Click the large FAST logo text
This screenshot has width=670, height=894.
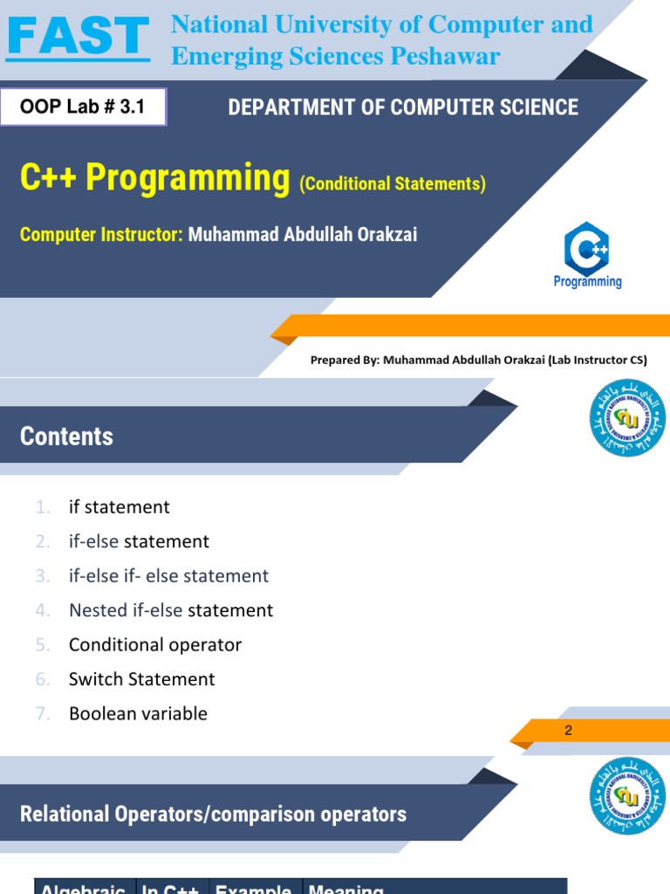tap(78, 37)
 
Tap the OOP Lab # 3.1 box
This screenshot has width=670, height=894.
tap(83, 108)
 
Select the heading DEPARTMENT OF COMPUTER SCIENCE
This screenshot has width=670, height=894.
tap(402, 107)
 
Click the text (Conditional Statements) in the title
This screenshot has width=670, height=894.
tap(392, 183)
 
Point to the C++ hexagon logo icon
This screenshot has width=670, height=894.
tap(587, 248)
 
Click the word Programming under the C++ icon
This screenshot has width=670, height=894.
tap(587, 281)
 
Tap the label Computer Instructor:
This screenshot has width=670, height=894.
tap(101, 234)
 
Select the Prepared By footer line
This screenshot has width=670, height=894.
tap(479, 360)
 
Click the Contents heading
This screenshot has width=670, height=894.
tap(66, 436)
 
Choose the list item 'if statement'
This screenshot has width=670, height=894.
tap(120, 507)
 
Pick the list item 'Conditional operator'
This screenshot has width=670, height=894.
tap(155, 644)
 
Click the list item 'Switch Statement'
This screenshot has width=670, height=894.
tap(141, 678)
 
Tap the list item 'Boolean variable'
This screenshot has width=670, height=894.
tap(138, 713)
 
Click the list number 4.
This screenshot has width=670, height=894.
tap(43, 610)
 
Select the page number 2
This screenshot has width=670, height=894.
tap(569, 730)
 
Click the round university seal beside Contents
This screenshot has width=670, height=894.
tap(627, 417)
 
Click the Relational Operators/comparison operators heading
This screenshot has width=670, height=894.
tap(213, 814)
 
